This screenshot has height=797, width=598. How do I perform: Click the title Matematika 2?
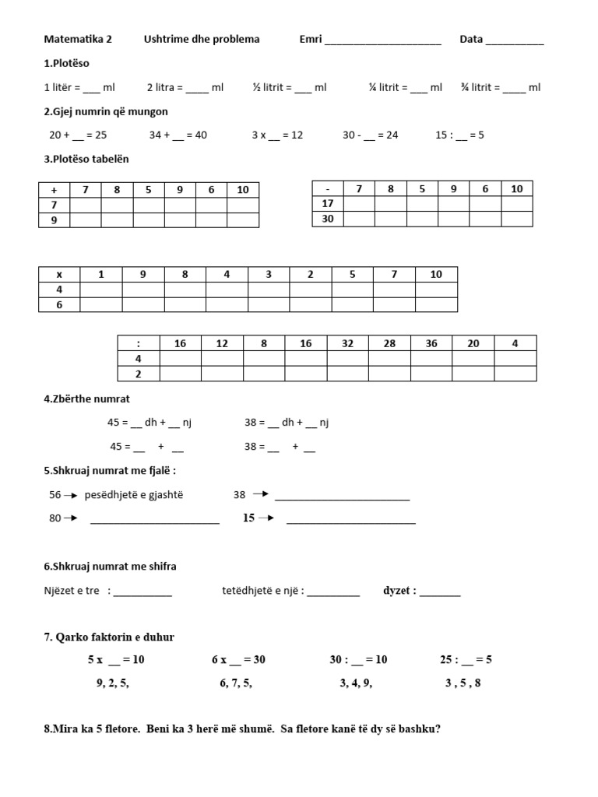coord(78,40)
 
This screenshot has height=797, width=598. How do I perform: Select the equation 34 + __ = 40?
coord(178,135)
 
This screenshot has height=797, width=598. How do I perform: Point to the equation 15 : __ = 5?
coord(459,135)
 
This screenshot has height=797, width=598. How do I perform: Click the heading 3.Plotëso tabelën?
coord(86,159)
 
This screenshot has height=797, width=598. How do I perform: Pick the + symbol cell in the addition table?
coord(55,190)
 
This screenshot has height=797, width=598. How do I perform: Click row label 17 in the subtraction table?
coord(328,204)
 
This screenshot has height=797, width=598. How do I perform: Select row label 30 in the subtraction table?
coord(328,219)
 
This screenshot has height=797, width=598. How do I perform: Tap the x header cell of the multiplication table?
coord(59,274)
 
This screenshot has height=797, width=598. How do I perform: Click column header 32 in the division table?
coord(347,343)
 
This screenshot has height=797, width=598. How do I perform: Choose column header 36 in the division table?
coord(431,343)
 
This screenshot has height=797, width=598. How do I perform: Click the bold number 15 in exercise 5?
coord(248,518)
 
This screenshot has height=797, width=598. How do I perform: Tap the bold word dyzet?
coord(399,591)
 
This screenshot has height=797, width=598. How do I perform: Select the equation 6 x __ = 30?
coord(238,659)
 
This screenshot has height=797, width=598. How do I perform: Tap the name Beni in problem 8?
coord(159,729)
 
